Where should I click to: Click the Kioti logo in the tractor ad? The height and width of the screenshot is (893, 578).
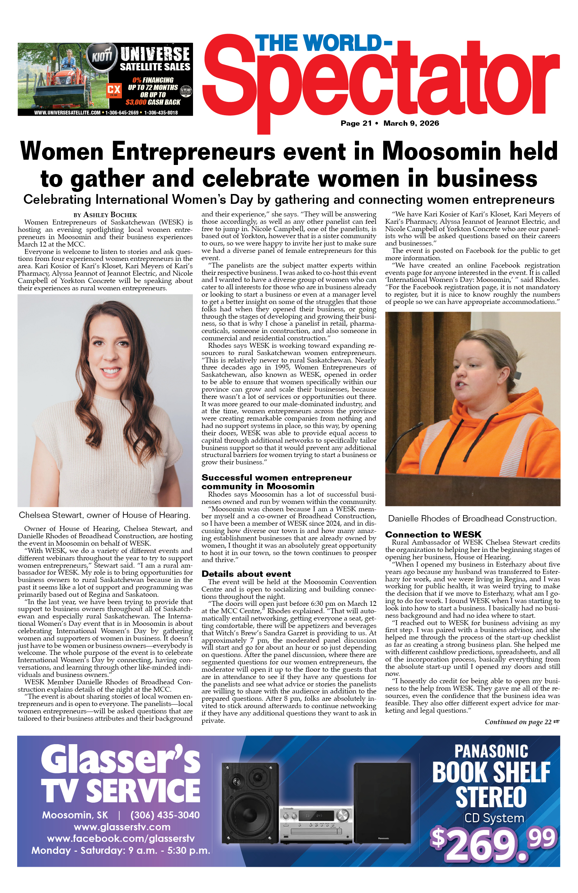tap(102, 57)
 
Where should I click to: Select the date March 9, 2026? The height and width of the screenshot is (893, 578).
tap(411, 123)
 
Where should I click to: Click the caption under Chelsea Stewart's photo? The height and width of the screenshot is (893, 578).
tap(105, 515)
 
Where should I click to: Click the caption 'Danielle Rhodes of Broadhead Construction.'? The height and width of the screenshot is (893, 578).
tap(472, 519)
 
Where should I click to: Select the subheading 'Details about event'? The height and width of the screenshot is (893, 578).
tap(246, 574)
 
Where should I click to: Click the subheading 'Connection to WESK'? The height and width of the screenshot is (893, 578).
tap(433, 534)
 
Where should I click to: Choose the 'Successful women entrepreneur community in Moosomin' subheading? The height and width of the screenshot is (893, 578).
tap(277, 482)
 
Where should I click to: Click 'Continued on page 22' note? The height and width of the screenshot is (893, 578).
tap(522, 722)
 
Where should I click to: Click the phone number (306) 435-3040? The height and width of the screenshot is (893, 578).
tap(165, 815)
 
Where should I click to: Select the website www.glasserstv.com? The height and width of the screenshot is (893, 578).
tap(122, 827)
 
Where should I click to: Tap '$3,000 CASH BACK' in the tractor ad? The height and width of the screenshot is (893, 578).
tap(153, 102)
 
